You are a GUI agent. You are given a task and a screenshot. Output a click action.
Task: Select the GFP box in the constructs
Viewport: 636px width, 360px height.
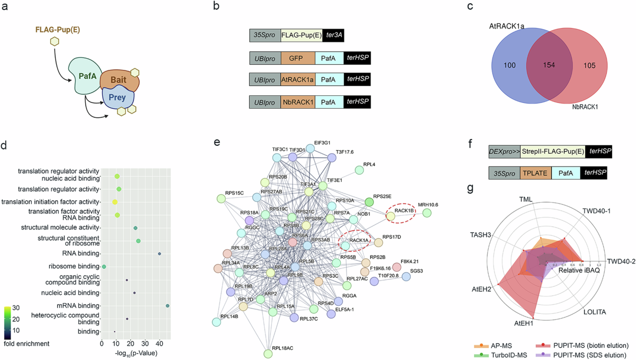coord(297,58)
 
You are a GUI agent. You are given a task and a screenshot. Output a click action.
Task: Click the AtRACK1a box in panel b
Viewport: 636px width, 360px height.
coord(297,80)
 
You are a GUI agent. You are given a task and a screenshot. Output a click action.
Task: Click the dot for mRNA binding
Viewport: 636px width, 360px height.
coord(167,306)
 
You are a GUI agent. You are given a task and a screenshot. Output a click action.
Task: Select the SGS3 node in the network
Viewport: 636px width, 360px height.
coord(407,276)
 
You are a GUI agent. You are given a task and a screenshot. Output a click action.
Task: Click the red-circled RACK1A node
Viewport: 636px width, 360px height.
coord(345,244)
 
